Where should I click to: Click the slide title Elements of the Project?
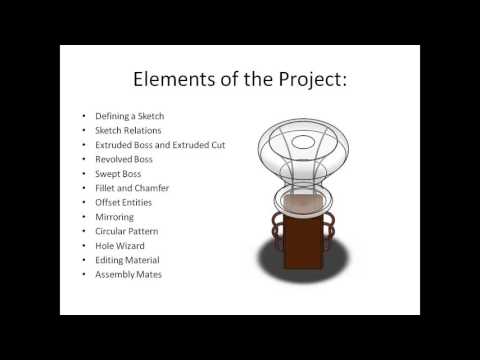pyautogui.click(x=239, y=80)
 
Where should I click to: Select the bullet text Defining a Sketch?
pyautogui.click(x=125, y=116)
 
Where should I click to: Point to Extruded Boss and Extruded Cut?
pyautogui.click(x=160, y=145)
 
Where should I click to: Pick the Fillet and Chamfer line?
pyautogui.click(x=131, y=188)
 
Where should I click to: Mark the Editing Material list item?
pyautogui.click(x=127, y=259)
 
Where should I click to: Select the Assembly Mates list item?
pyautogui.click(x=127, y=274)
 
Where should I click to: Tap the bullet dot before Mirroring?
pyautogui.click(x=84, y=216)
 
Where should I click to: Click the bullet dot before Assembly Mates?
pyautogui.click(x=84, y=274)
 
